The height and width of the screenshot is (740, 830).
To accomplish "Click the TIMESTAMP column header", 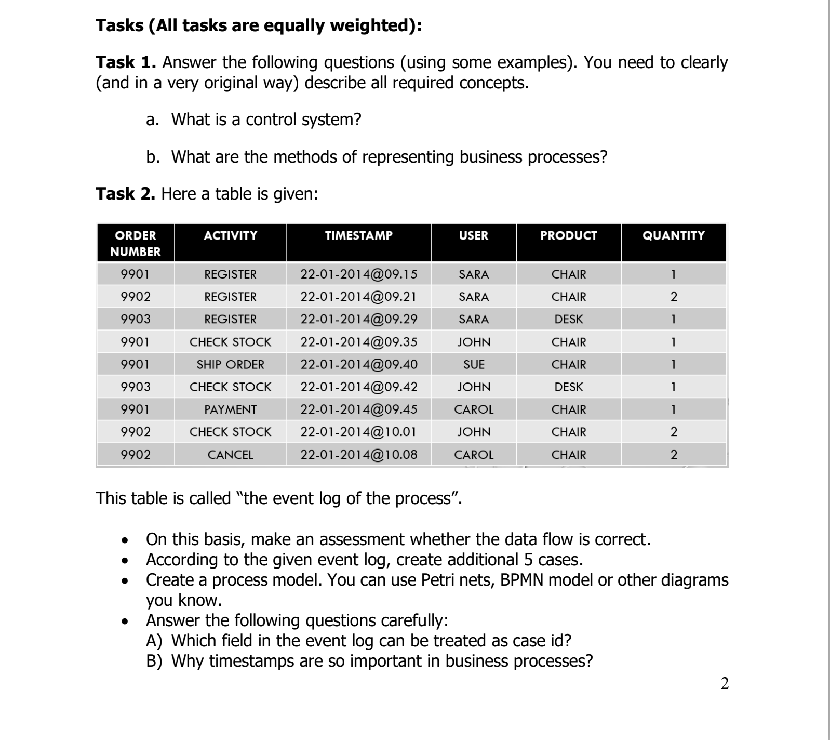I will (x=358, y=235).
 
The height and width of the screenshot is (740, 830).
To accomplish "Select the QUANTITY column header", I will (x=673, y=235).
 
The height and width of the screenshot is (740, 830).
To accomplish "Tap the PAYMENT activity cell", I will (x=230, y=409).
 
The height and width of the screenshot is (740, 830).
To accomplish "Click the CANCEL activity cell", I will (x=230, y=455).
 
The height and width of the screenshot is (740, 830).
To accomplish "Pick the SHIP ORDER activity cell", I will (x=230, y=365).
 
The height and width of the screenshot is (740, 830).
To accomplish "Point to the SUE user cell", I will (x=473, y=365).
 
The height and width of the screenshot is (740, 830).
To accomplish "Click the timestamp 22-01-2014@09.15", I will (x=358, y=274).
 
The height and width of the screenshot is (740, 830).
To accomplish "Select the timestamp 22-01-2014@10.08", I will (x=358, y=455).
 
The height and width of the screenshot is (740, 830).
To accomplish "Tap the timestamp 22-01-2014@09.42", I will (x=358, y=387).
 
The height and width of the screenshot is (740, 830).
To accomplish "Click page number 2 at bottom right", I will (x=725, y=683).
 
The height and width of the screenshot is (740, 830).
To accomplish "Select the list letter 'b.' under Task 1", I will (x=153, y=156).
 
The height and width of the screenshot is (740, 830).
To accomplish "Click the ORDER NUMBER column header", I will (x=135, y=243).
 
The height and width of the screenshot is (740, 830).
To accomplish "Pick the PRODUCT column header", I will (x=568, y=235).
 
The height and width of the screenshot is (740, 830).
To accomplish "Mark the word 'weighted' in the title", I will (x=371, y=25).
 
